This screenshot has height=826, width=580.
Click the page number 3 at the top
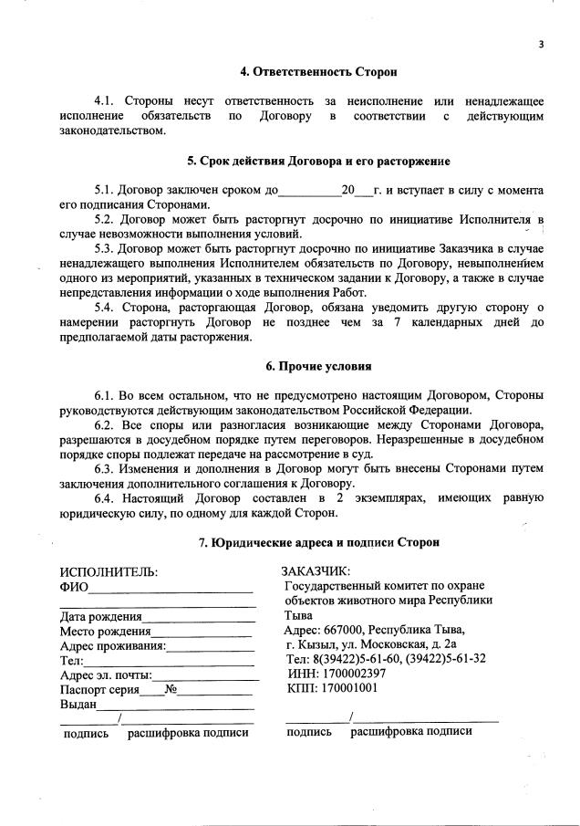pyautogui.click(x=541, y=43)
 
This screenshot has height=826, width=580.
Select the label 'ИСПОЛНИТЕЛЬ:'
pyautogui.click(x=109, y=571)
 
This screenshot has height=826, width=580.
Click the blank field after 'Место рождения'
pyautogui.click(x=202, y=633)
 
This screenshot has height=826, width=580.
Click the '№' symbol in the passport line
pyautogui.click(x=170, y=690)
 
